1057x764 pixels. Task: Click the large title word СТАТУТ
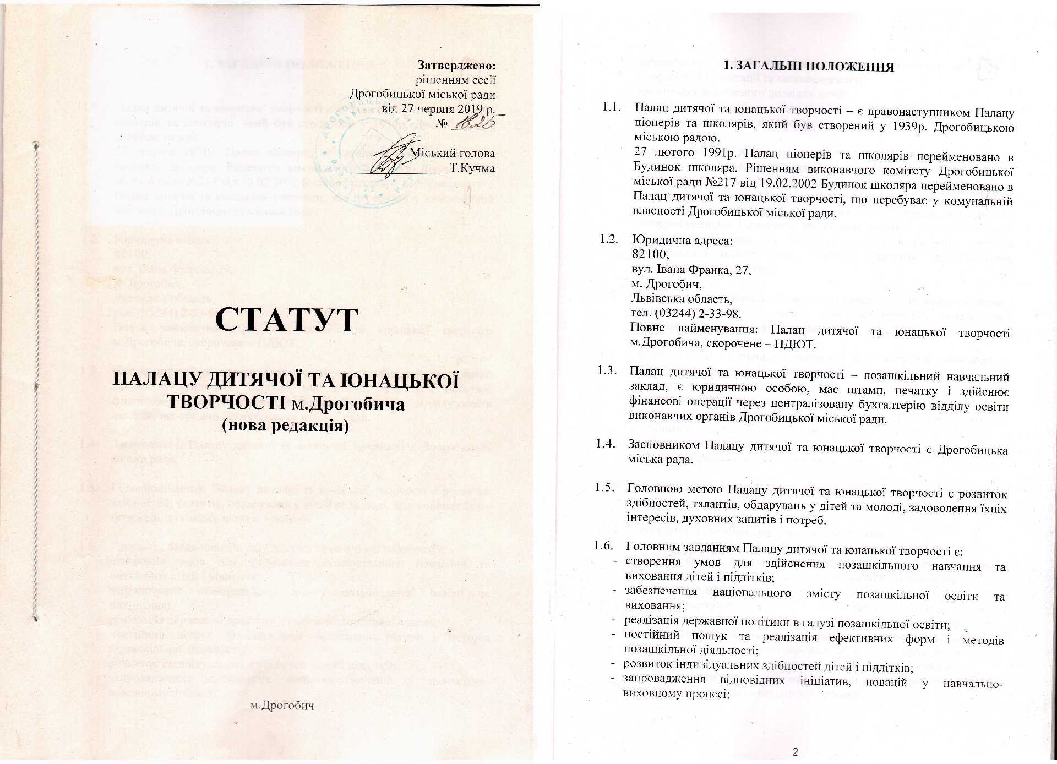click(287, 319)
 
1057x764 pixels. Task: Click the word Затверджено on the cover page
click(457, 65)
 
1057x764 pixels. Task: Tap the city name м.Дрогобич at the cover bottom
click(281, 705)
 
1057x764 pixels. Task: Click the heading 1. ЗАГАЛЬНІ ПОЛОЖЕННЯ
click(808, 67)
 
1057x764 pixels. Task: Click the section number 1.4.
click(605, 444)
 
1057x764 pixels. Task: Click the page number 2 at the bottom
click(794, 752)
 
